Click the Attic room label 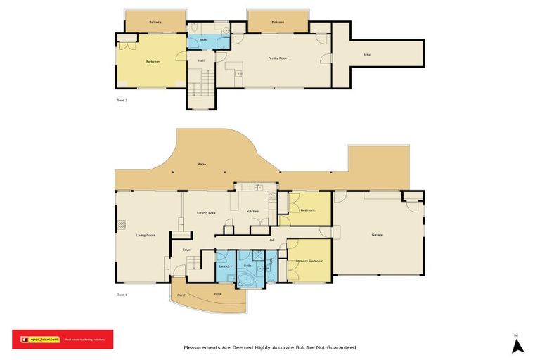(x=366, y=54)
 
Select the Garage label (x=377, y=235)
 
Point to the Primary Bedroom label (x=309, y=261)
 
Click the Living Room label (x=146, y=235)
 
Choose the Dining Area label (x=206, y=212)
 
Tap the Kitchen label (x=253, y=212)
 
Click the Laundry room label (x=225, y=266)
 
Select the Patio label (x=202, y=165)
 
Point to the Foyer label (x=187, y=250)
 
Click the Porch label (x=181, y=295)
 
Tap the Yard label (x=217, y=293)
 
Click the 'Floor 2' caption (x=122, y=101)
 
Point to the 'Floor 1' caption (x=122, y=294)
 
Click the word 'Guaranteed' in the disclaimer (x=340, y=347)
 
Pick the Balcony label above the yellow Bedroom (x=155, y=22)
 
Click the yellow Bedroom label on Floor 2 (x=153, y=62)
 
